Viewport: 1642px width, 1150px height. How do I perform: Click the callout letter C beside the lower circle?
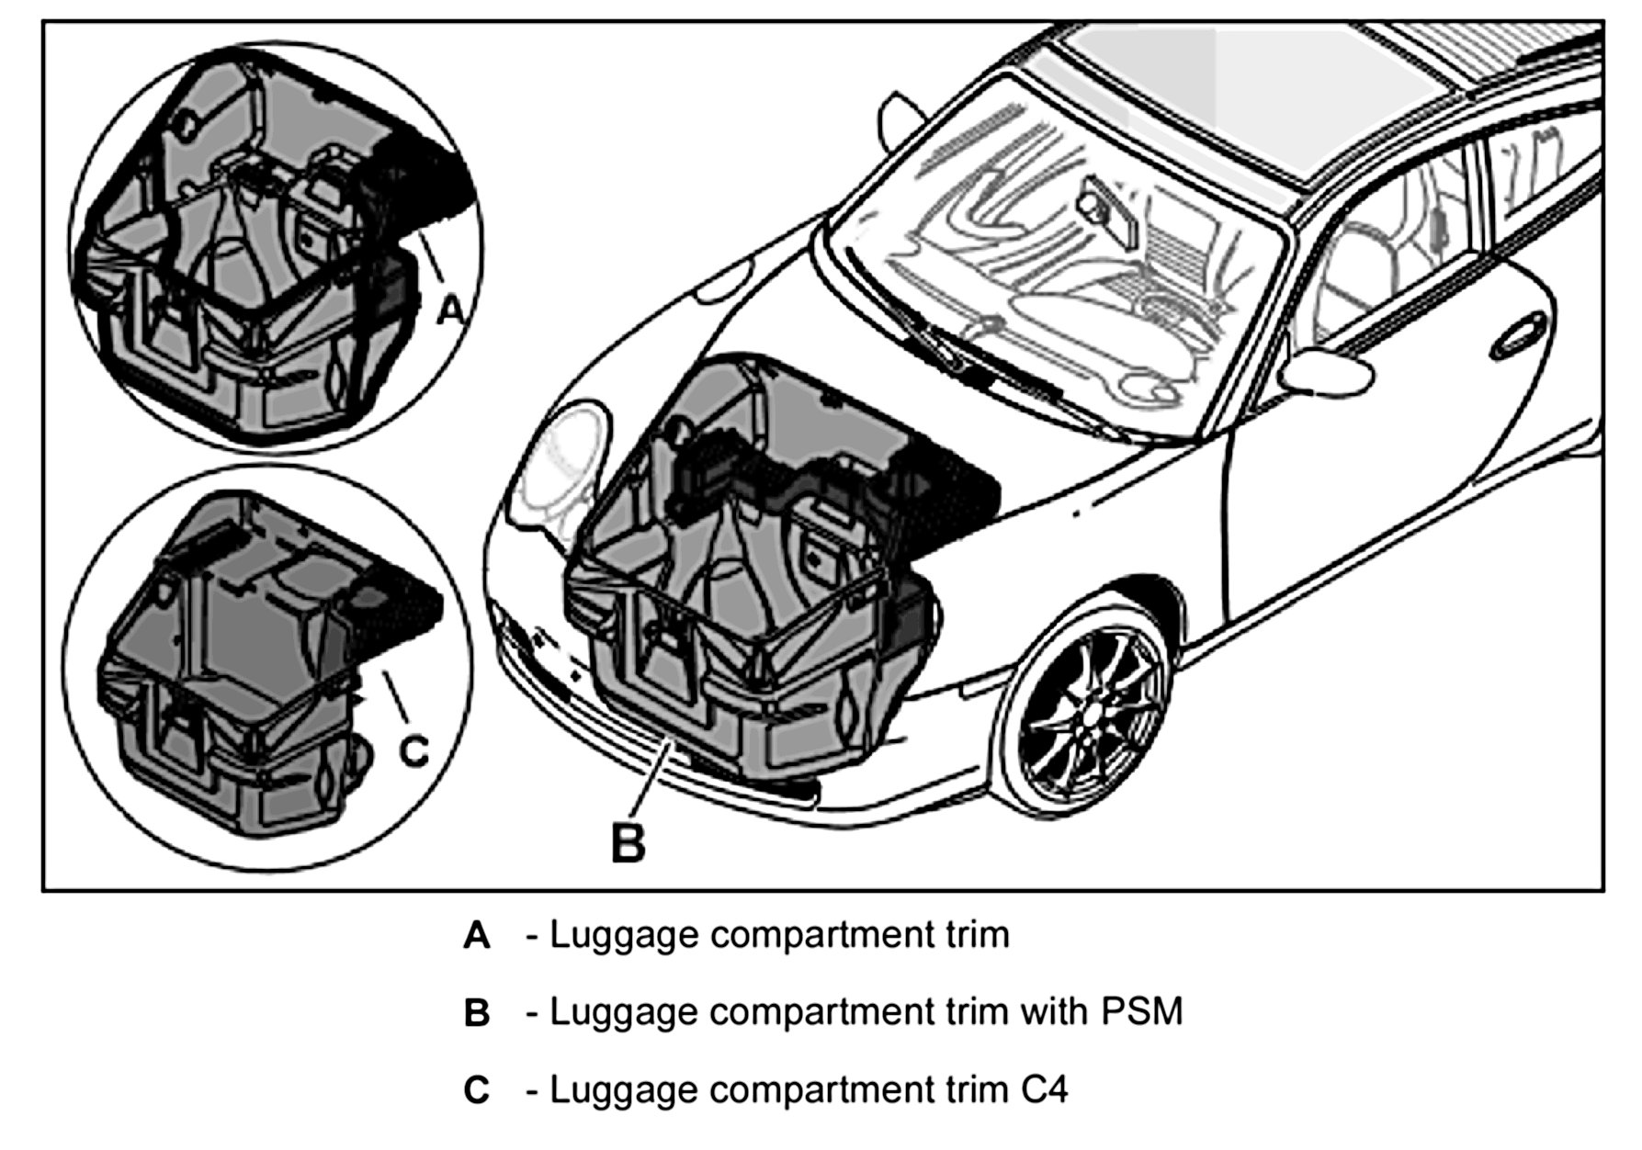coord(415,751)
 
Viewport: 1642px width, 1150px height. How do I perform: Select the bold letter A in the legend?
coord(477,936)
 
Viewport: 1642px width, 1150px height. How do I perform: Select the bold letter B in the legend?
coord(477,1013)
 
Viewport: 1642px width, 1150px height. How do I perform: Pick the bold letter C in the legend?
coord(477,1090)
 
